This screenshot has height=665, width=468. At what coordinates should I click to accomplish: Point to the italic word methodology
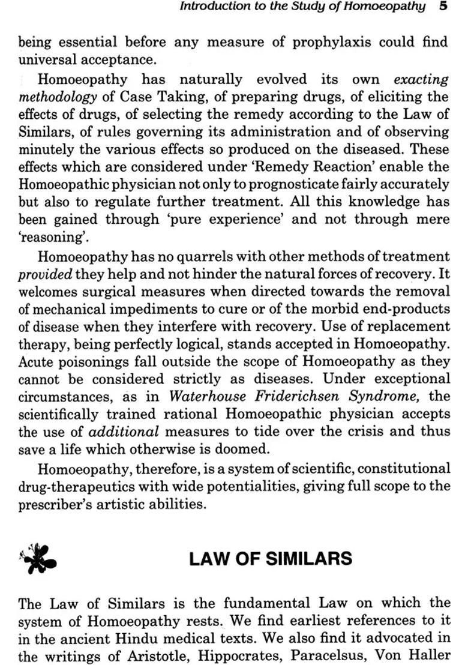(57, 97)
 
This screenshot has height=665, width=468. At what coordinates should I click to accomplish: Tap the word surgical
(114, 292)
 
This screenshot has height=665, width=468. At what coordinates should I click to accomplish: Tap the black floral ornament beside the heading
(38, 558)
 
